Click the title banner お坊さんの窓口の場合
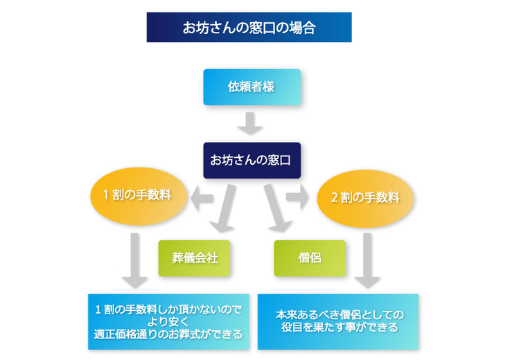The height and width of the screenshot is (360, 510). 249,28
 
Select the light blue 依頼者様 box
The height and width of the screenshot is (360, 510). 252,87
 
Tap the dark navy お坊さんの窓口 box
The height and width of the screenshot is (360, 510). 250,160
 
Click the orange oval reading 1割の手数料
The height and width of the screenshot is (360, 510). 140,196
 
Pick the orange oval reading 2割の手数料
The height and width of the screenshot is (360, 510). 365,197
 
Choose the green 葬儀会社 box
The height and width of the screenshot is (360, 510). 195,258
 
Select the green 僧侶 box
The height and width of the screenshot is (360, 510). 309,258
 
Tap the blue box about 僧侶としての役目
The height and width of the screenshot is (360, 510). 337,321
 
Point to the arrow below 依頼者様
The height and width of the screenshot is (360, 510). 250,123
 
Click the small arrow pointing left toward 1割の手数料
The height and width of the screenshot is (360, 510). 202,199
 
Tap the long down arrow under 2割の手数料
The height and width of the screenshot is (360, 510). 367,260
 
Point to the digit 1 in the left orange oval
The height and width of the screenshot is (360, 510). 106,196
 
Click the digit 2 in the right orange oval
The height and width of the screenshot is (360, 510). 334,197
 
